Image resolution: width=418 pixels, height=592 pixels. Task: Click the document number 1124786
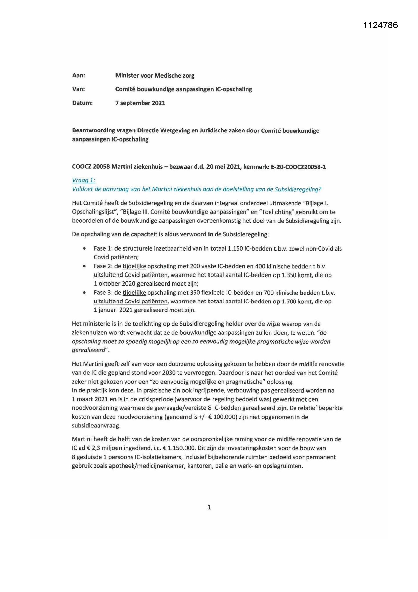[x=380, y=25]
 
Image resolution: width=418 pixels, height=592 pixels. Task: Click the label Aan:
[x=79, y=75]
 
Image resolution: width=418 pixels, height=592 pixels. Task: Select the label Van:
[x=79, y=89]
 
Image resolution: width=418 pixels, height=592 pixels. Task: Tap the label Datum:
[x=82, y=103]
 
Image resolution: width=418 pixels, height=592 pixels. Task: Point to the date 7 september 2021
[x=140, y=103]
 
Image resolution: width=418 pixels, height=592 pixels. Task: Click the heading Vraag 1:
[x=83, y=180]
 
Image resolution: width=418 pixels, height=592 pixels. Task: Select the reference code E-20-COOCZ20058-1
[x=298, y=167]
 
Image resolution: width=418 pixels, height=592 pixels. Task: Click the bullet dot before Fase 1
[x=84, y=249]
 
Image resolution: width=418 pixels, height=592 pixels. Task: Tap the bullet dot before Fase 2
[x=84, y=266]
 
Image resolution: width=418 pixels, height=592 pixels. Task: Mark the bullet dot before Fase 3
[x=84, y=293]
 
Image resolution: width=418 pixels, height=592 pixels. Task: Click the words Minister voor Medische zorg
[x=155, y=75]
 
